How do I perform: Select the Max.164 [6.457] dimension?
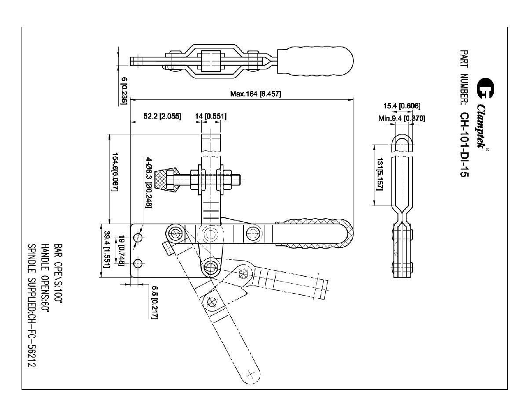[x=256, y=94]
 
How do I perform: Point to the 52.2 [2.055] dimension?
[x=162, y=116]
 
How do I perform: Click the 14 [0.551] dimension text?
[x=211, y=116]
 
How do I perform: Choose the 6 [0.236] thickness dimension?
[x=124, y=90]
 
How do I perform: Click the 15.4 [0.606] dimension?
[x=401, y=106]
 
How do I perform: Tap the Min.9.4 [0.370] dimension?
[x=401, y=118]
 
